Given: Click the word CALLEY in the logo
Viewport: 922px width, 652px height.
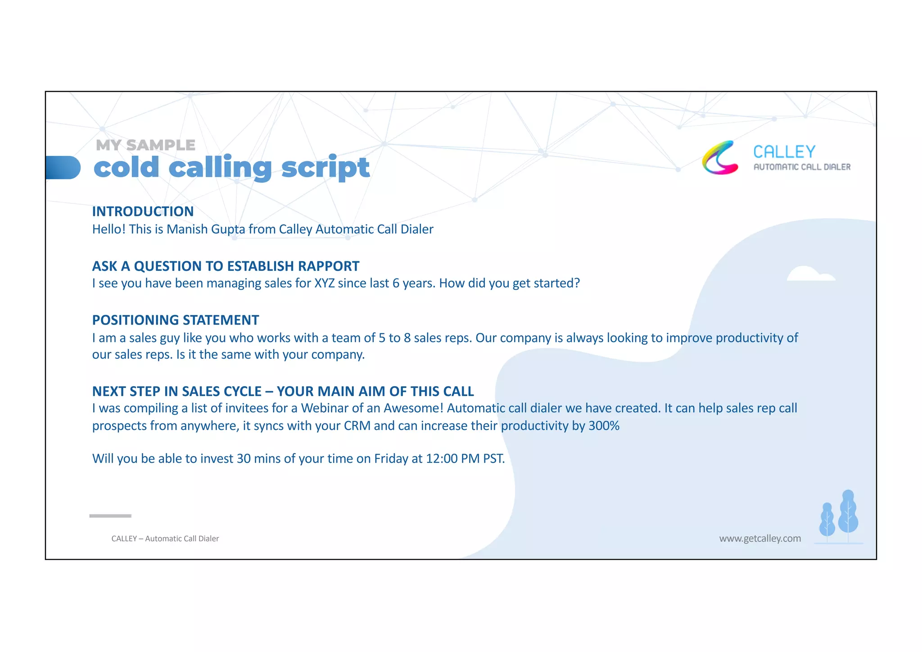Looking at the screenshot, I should point(784,152).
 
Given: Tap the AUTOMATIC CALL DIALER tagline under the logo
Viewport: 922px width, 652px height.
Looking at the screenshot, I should point(802,167).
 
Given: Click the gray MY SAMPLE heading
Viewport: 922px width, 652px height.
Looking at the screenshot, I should point(145,145).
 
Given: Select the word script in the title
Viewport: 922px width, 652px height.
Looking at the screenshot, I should point(325,168).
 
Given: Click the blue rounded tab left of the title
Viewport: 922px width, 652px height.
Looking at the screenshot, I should point(63,168).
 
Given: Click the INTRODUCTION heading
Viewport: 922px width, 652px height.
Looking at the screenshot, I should point(143,211).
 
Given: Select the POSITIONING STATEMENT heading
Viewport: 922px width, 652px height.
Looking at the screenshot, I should point(176,320).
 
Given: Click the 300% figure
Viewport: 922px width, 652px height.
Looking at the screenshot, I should point(604,426).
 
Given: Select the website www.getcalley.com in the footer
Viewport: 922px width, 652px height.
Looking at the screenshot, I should point(760,538).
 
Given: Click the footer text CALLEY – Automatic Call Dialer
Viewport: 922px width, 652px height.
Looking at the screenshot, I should point(165,538).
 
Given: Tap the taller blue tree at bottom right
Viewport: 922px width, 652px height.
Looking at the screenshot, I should point(848,514).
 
